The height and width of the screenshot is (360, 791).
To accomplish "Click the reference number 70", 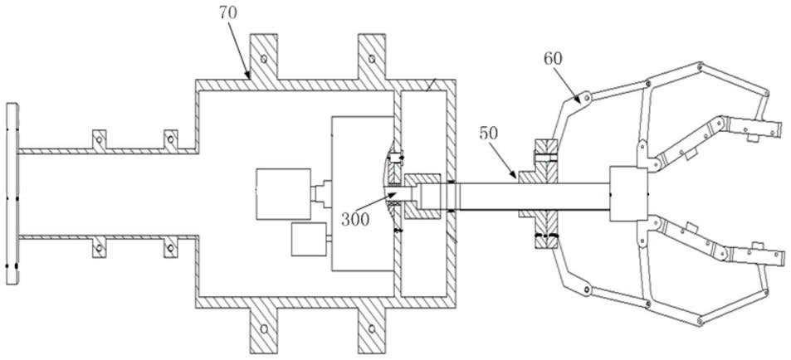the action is click(x=229, y=13).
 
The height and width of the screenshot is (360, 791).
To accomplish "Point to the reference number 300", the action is click(x=355, y=219).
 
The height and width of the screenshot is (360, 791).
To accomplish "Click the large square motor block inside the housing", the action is click(x=283, y=194).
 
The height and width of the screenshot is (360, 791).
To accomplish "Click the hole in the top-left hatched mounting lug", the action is click(x=263, y=59).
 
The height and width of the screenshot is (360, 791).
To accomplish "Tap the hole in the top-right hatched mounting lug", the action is click(x=372, y=59).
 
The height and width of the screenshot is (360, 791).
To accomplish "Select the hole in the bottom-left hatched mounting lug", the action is click(x=263, y=328).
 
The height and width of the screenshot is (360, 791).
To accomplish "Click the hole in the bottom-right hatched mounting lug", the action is click(x=372, y=328).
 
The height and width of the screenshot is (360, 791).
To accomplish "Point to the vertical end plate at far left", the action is click(x=12, y=193).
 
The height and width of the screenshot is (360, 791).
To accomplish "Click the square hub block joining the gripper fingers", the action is click(x=628, y=193).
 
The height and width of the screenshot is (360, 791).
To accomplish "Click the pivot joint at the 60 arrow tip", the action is click(x=584, y=98).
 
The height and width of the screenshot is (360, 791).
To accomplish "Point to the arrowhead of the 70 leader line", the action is click(x=247, y=75).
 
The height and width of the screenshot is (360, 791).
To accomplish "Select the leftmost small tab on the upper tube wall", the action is click(x=100, y=139).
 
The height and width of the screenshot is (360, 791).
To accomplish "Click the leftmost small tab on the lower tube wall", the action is click(x=100, y=247).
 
